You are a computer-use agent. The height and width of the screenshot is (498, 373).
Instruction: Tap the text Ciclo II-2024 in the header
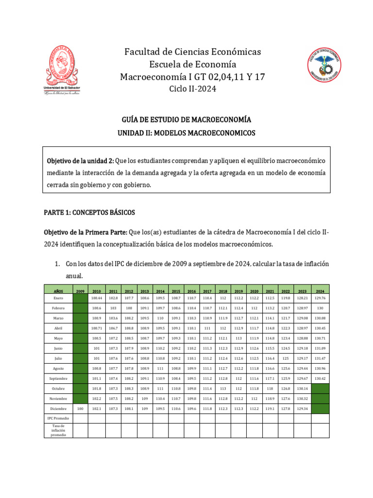click(x=192, y=89)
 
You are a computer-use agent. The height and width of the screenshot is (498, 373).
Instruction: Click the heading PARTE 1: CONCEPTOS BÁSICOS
click(x=89, y=213)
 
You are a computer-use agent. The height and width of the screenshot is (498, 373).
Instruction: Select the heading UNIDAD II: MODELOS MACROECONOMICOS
click(x=186, y=133)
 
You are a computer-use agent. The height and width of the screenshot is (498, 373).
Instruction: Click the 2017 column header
click(x=207, y=290)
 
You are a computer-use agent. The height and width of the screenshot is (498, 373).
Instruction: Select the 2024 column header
click(x=320, y=290)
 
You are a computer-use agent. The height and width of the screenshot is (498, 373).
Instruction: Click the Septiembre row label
click(x=58, y=378)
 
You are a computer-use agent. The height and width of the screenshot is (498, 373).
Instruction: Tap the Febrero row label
click(x=58, y=308)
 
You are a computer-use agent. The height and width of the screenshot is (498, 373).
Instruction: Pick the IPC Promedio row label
click(x=58, y=418)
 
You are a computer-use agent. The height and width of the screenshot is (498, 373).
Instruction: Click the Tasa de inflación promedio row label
click(x=58, y=430)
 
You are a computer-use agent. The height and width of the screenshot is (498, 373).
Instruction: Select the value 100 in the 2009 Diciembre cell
click(x=80, y=409)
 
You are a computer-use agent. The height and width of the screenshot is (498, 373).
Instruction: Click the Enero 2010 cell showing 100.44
click(x=97, y=298)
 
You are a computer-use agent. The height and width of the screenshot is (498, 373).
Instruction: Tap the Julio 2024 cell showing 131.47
click(x=320, y=358)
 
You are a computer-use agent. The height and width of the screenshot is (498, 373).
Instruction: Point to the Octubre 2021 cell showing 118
click(x=271, y=388)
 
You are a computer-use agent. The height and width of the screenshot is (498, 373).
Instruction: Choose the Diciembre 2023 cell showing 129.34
click(x=302, y=409)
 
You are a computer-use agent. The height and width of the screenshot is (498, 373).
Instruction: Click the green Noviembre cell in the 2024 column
click(x=320, y=398)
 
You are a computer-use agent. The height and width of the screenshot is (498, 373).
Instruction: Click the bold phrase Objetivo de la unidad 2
click(x=80, y=160)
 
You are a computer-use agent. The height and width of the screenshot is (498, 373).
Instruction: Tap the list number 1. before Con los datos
click(x=57, y=264)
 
